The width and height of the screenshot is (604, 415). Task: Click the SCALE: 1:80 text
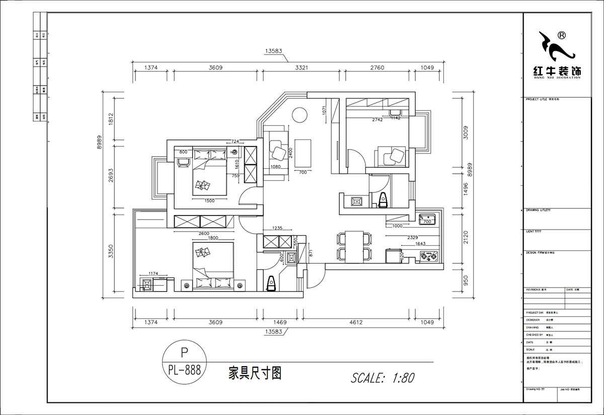pos(383,377)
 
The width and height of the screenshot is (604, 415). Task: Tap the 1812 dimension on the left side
pos(111,119)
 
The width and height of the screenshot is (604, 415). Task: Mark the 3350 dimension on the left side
pos(111,251)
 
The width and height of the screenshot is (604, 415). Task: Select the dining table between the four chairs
pos(355,246)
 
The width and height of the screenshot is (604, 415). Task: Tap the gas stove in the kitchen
pos(429,257)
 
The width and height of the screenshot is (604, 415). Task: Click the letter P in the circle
pos(184,351)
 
